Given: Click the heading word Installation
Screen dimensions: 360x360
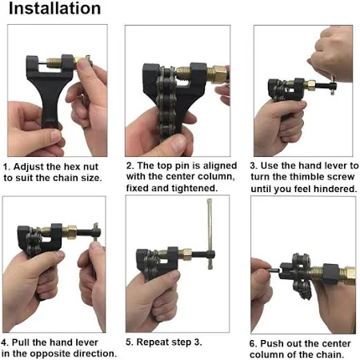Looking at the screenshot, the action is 54,9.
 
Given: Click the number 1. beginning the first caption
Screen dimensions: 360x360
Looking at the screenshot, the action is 6,167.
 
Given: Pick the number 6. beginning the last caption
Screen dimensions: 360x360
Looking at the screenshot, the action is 254,343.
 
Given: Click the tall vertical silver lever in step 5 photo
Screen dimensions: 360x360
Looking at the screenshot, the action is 210,234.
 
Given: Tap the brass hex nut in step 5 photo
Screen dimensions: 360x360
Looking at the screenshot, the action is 185,254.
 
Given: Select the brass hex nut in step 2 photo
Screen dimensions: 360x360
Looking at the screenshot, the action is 218,75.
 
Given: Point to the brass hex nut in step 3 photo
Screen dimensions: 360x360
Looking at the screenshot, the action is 310,85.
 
